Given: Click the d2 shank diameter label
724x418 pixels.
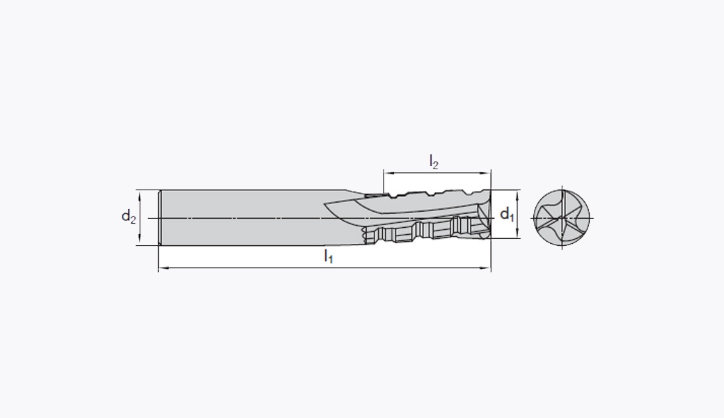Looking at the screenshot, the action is [128, 216].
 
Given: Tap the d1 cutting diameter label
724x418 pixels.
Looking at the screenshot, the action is [507, 214].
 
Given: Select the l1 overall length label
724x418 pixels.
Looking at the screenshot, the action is [329, 256].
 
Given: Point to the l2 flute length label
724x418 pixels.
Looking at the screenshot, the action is [434, 162].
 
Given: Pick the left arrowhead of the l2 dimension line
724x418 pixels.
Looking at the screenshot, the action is [388, 173].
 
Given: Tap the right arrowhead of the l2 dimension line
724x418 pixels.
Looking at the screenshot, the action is [486, 173].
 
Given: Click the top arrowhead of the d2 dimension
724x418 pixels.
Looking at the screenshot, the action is [139, 194].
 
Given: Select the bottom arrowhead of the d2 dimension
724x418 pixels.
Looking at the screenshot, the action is [139, 240].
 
